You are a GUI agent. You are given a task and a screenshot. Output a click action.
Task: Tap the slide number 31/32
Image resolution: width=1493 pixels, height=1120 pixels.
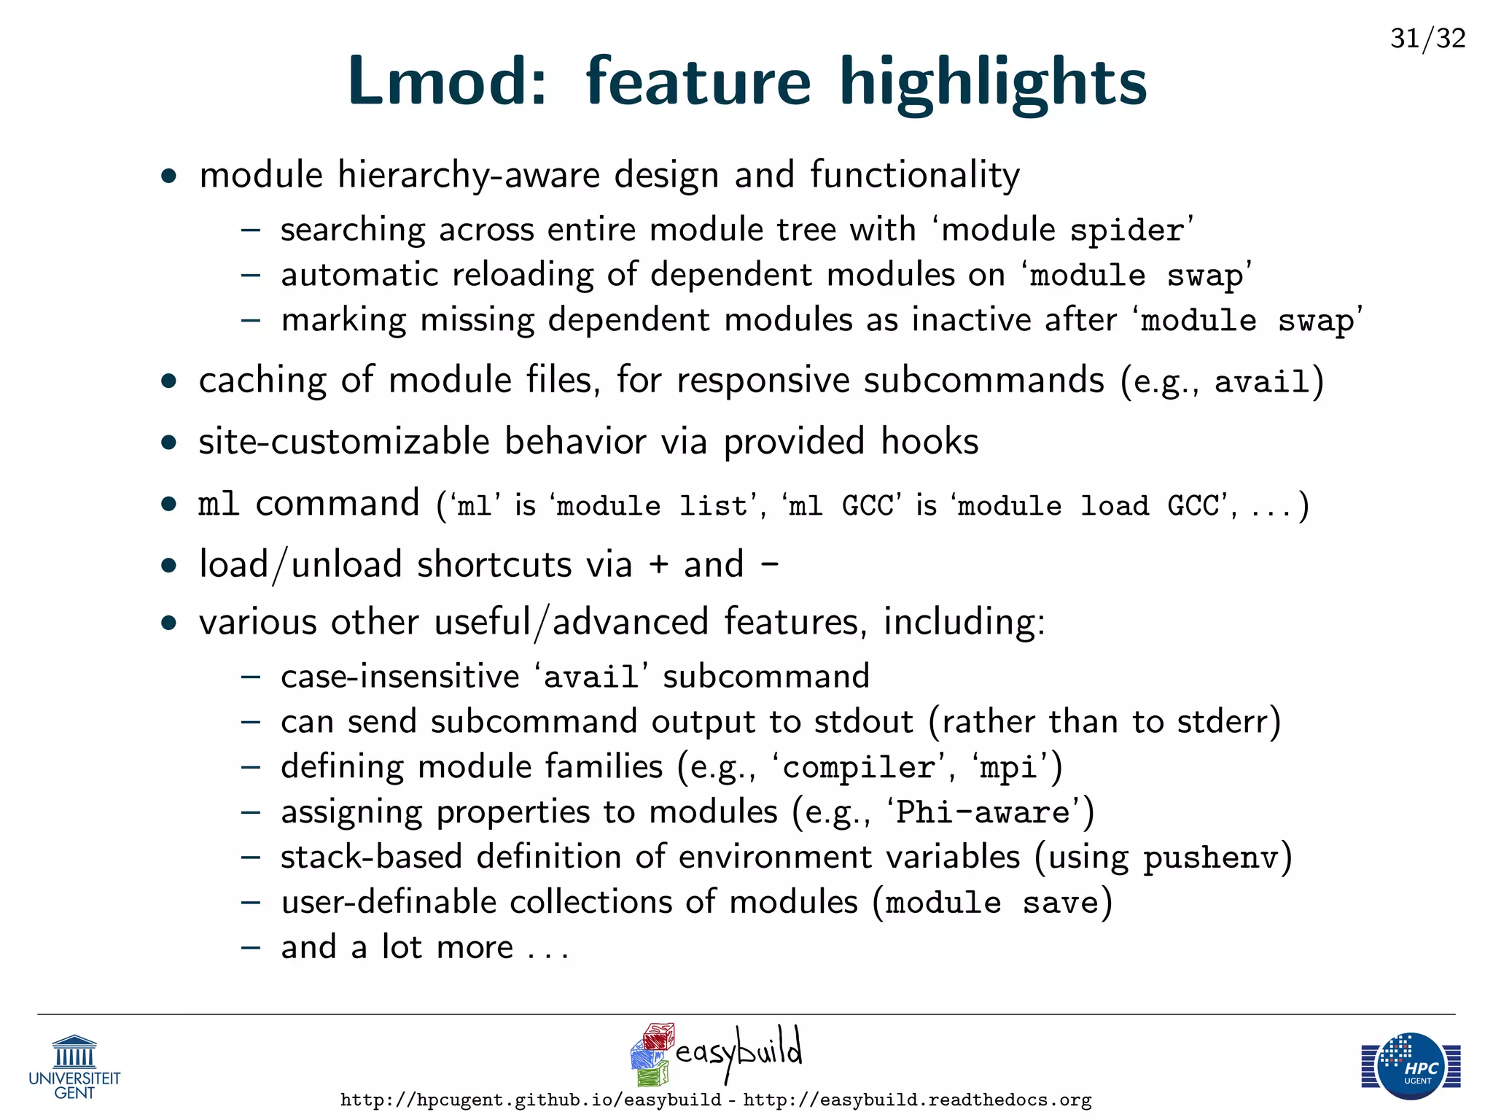[1427, 38]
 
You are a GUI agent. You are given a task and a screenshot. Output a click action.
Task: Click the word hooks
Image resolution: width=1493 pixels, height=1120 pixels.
[929, 442]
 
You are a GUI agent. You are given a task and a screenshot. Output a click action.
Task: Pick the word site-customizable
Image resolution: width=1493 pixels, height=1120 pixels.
[344, 442]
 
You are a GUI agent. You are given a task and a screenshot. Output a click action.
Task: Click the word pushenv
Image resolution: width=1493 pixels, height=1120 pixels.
[1211, 858]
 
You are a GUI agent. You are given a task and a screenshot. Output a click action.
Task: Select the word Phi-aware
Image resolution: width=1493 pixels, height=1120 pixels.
[982, 812]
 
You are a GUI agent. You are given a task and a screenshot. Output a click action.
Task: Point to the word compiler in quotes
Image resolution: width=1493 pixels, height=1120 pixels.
[859, 768]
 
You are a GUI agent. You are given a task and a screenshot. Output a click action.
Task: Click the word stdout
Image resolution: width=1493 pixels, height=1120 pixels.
[863, 722]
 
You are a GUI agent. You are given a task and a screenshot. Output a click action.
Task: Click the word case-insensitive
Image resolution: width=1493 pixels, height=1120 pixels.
[399, 677]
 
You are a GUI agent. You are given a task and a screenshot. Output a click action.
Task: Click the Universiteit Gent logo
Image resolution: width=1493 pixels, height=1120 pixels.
[74, 1067]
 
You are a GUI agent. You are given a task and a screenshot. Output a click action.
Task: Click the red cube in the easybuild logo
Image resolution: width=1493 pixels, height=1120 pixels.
[659, 1036]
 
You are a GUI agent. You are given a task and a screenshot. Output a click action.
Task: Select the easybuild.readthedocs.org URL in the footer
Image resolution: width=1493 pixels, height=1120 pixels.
[917, 1100]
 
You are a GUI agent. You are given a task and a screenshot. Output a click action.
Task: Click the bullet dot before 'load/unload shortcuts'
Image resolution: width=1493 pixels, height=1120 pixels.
[169, 566]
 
